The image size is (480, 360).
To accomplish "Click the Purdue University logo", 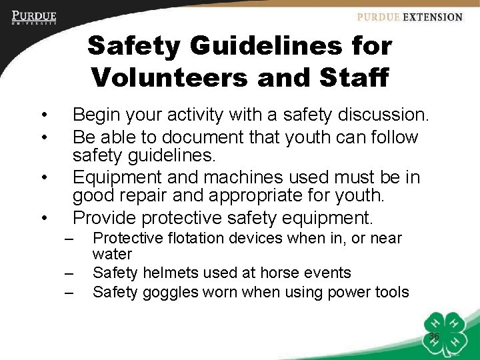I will (x=34, y=17).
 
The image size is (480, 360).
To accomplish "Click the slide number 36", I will (x=433, y=337).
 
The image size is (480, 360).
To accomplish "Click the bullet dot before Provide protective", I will (x=43, y=218).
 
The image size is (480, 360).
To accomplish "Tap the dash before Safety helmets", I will (x=69, y=273).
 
